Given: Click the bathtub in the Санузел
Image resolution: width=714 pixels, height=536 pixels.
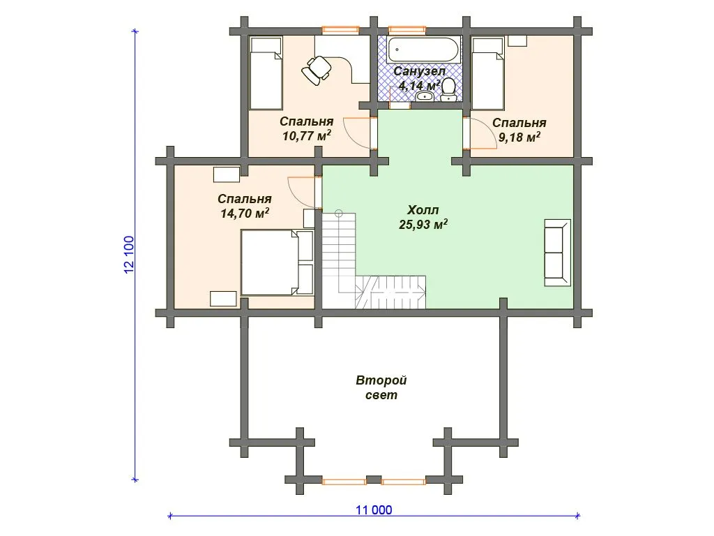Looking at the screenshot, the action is point(423,50).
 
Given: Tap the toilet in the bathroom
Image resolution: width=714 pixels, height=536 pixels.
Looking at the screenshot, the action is point(449,89).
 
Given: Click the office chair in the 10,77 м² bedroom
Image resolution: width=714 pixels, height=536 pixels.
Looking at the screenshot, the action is point(317,70).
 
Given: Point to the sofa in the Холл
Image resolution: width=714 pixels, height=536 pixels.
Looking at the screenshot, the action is point(557,253).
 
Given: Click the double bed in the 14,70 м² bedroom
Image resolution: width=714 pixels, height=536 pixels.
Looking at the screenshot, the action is point(277,262).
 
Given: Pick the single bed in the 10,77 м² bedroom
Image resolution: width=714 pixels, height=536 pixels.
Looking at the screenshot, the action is point(266,73).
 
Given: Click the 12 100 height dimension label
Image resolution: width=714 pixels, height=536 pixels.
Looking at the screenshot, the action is point(129,255).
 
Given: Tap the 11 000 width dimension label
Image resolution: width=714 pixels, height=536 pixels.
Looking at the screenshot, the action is point(374,509).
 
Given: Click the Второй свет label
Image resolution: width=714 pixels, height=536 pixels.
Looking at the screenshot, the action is point(381,387).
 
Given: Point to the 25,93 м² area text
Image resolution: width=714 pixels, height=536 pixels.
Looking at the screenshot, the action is point(423,224).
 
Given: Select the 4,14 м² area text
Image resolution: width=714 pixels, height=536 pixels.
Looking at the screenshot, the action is point(419,85).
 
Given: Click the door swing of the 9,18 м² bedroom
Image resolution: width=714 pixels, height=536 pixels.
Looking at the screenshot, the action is point(483,133).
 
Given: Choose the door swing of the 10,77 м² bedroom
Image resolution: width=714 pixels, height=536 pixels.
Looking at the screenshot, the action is point(358,133).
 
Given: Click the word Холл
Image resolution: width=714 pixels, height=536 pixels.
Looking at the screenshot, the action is point(423,210).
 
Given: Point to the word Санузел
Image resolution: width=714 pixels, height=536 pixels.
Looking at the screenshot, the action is point(419,71).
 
